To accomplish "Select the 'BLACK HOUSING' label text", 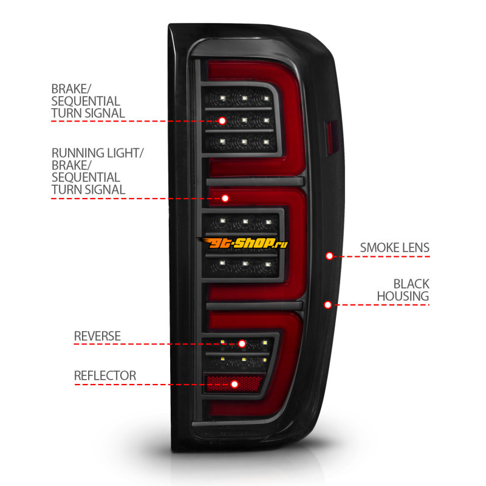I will point(403,290).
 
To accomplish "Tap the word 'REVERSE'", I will point(97,336).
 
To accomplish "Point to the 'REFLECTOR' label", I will point(105,375).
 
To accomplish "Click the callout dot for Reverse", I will point(242,344).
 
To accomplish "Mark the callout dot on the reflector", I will point(235,384).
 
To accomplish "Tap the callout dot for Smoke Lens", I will point(329,256).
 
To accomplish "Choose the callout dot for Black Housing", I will point(328,304).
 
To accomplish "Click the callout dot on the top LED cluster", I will point(222,121).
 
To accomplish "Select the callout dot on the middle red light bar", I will point(225,198).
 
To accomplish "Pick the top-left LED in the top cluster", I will point(223,97).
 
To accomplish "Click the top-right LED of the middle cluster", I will point(264,222).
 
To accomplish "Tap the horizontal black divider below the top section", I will point(255,182).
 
